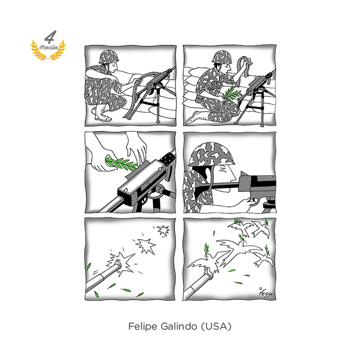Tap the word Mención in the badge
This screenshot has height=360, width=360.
coord(49,47)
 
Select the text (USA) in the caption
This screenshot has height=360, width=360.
coord(216,326)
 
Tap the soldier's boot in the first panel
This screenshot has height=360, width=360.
coord(101,114)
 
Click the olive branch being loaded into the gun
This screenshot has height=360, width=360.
coord(121,163)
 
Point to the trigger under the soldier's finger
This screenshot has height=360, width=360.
coord(255,202)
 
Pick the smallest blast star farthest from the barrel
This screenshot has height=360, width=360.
coord(163,230)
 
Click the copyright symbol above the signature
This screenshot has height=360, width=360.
coord(260,289)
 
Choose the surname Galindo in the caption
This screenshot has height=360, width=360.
coord(179,326)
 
